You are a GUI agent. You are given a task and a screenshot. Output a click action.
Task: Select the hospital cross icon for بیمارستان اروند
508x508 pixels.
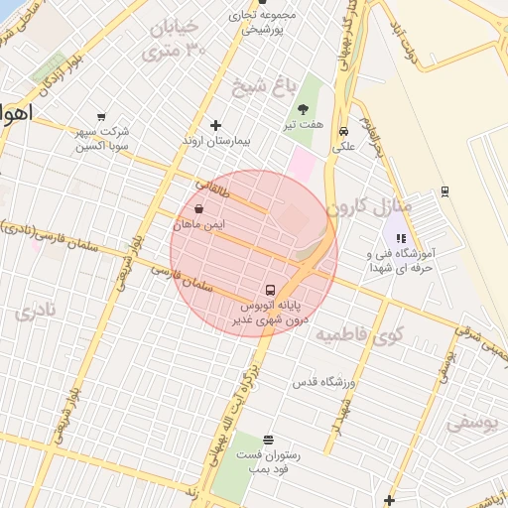(x=216, y=125)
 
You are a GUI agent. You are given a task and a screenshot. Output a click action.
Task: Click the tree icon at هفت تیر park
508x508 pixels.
(x=303, y=109)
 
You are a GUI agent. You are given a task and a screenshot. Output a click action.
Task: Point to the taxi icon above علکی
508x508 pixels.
(x=343, y=131)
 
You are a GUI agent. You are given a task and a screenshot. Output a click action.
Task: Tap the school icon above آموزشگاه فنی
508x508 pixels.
(x=402, y=238)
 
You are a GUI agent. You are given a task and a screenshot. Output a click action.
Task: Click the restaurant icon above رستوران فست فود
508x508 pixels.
(x=268, y=439)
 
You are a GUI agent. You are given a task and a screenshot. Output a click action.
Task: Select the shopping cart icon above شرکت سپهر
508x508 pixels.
(x=100, y=116)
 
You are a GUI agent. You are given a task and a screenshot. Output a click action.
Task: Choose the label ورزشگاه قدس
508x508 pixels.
(x=323, y=382)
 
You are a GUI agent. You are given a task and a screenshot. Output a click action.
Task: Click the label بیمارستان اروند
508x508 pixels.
(x=216, y=141)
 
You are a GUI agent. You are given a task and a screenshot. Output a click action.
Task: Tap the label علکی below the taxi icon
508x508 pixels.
(x=343, y=147)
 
